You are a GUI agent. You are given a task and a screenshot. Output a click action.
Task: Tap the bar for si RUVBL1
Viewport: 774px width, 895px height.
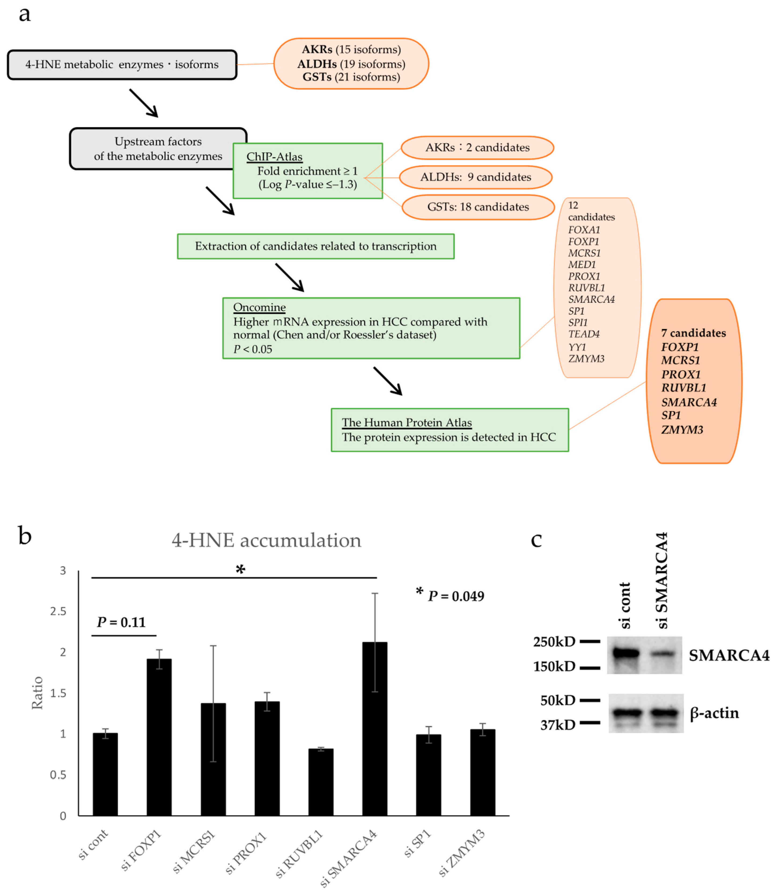point(321,782)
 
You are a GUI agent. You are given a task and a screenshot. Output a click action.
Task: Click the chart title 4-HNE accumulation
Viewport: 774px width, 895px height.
point(266,540)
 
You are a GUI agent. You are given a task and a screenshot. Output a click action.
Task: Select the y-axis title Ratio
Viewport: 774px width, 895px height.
point(38,693)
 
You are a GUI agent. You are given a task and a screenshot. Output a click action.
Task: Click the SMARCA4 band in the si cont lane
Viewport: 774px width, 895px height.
point(622,653)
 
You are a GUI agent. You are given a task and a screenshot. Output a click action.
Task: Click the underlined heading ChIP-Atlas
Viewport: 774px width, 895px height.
point(274,157)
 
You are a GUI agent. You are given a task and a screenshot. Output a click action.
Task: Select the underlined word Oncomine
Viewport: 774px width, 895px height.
point(259,307)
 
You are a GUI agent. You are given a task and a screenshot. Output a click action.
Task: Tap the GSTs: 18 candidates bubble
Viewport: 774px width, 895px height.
point(478,207)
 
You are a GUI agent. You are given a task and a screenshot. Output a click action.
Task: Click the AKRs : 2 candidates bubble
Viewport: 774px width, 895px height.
point(477,148)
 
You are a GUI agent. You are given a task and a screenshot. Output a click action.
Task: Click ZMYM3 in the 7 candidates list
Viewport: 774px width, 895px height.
point(682,430)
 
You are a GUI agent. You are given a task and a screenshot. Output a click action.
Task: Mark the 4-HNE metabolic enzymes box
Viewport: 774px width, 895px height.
point(122,65)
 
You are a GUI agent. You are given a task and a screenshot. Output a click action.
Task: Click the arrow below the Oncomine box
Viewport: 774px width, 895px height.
point(388,381)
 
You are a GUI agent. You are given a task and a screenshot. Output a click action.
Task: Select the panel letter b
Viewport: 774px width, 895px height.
point(25,536)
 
